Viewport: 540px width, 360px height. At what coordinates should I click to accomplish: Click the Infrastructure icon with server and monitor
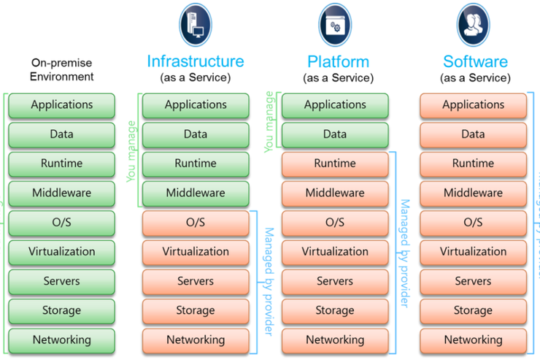tap(196, 24)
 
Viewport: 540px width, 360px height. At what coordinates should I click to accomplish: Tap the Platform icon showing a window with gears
tap(335, 24)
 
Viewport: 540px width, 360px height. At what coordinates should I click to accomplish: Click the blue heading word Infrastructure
tap(196, 61)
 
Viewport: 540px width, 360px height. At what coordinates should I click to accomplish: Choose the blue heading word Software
tap(474, 61)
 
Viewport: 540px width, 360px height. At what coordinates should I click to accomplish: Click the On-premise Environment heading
tap(62, 70)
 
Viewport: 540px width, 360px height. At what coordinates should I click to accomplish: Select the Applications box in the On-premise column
tap(62, 105)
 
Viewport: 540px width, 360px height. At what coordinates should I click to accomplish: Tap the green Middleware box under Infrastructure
tap(196, 194)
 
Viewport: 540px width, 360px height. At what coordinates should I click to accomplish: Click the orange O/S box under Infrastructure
tap(196, 223)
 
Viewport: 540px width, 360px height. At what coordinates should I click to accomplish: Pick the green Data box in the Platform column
tap(335, 134)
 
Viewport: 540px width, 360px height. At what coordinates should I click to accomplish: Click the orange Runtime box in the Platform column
tap(335, 164)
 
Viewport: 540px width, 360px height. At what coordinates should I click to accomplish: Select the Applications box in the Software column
tap(474, 105)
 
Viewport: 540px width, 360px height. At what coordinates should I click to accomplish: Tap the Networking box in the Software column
tap(474, 340)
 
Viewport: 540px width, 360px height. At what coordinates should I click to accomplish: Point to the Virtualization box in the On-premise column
tap(62, 252)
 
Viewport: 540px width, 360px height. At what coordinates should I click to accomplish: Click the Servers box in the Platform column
tap(335, 281)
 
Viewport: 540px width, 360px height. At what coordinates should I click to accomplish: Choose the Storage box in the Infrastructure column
tap(196, 311)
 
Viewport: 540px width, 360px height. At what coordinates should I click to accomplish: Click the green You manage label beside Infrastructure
tap(131, 149)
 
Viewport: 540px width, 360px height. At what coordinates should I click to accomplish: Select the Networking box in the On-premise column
tap(62, 340)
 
